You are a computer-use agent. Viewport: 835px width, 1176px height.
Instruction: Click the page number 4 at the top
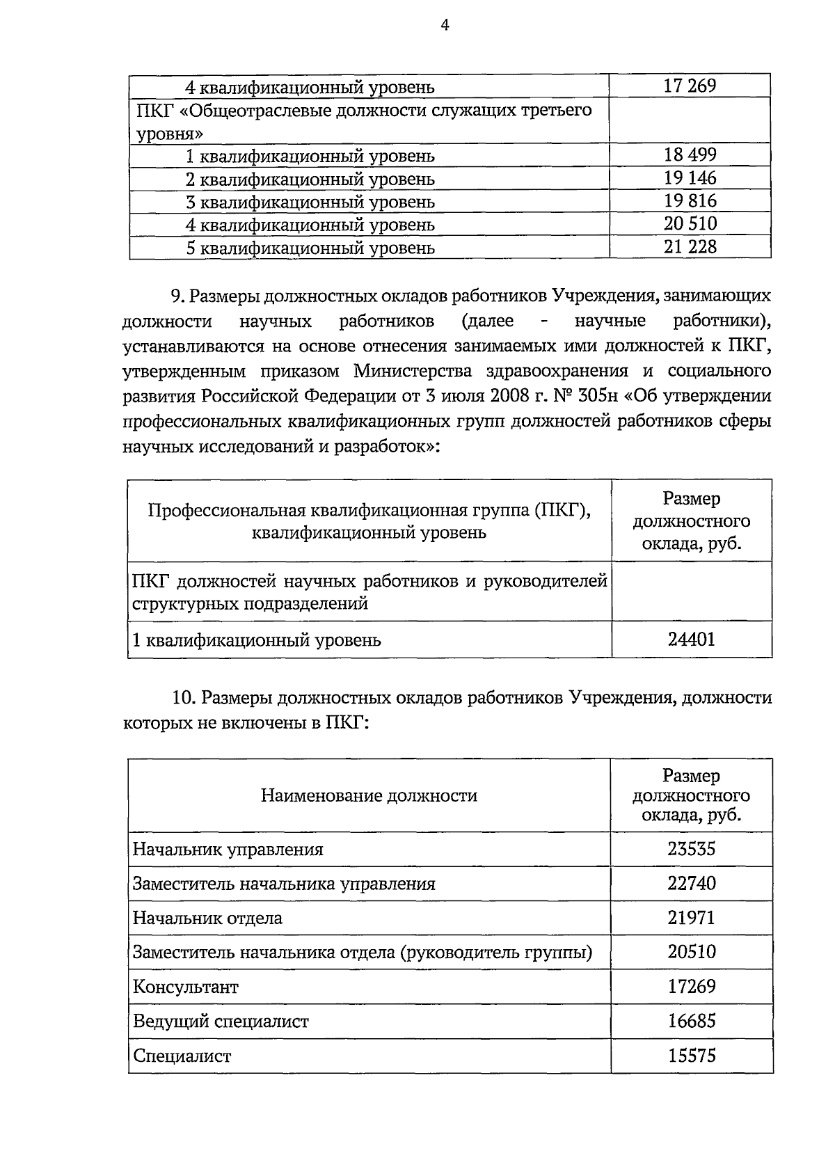(x=445, y=26)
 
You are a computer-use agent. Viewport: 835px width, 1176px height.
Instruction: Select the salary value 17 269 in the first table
(x=690, y=86)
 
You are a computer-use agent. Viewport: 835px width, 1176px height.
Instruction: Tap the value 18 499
(x=690, y=154)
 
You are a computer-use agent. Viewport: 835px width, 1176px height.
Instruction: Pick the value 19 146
(x=690, y=177)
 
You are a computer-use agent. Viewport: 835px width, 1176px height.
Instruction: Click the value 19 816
(x=690, y=200)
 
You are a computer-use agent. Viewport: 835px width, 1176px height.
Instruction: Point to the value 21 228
(x=690, y=246)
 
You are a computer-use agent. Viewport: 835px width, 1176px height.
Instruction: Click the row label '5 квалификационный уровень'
(x=310, y=248)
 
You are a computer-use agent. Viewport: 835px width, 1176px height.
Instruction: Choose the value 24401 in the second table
(x=692, y=639)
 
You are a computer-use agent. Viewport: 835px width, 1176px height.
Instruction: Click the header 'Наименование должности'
(x=369, y=795)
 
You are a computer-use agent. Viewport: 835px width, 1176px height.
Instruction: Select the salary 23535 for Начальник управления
(x=692, y=849)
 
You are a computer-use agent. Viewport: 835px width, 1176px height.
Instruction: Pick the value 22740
(x=692, y=883)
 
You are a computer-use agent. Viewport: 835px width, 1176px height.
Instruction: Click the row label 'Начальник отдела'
(x=207, y=918)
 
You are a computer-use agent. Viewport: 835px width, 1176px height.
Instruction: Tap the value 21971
(x=692, y=917)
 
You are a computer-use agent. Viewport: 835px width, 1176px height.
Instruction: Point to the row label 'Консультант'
(x=186, y=987)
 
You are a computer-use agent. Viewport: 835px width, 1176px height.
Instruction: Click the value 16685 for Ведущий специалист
(x=692, y=1021)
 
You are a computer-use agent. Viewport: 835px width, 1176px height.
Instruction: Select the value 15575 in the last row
(x=692, y=1055)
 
